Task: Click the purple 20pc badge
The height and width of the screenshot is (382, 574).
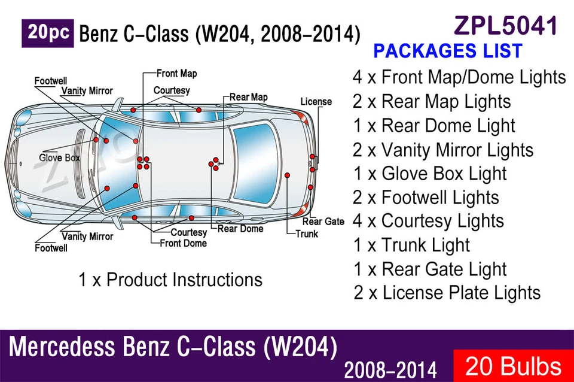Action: [48, 34]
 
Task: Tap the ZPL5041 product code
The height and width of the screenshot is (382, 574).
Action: [506, 26]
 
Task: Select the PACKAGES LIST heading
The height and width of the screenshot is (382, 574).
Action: [448, 50]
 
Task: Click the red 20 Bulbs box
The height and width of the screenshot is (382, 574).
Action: [514, 366]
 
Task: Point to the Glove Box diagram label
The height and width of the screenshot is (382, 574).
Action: [59, 158]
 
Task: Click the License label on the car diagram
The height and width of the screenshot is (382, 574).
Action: [316, 102]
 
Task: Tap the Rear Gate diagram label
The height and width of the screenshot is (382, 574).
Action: [323, 222]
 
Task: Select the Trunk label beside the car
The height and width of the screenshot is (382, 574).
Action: [307, 234]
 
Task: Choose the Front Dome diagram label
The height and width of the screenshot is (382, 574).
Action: [184, 243]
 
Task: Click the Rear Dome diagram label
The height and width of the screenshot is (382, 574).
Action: [240, 229]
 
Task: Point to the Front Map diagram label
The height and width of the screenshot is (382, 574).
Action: [177, 74]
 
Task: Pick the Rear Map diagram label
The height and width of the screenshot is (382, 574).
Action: [249, 97]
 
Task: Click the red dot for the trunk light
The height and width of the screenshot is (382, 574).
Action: [288, 175]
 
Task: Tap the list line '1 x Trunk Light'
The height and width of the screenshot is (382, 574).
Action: [411, 245]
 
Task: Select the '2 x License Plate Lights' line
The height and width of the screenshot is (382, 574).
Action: [447, 293]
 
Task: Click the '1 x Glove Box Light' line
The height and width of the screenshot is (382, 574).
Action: [430, 174]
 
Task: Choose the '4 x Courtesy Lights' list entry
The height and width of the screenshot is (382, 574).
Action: [428, 221]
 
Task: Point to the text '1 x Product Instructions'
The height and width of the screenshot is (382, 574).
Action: [170, 280]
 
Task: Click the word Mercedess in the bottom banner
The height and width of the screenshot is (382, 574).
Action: [62, 347]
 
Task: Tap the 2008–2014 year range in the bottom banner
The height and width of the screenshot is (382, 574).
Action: [390, 370]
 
